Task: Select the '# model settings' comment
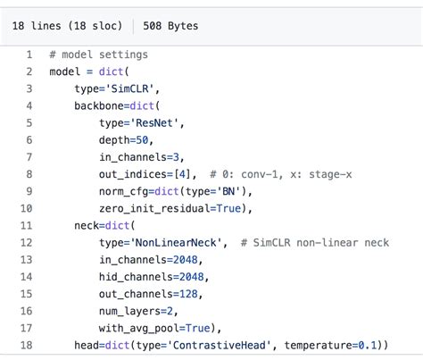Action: pos(99,54)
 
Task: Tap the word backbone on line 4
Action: pos(100,105)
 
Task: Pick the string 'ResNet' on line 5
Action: pos(151,122)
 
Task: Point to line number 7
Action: pos(29,157)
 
